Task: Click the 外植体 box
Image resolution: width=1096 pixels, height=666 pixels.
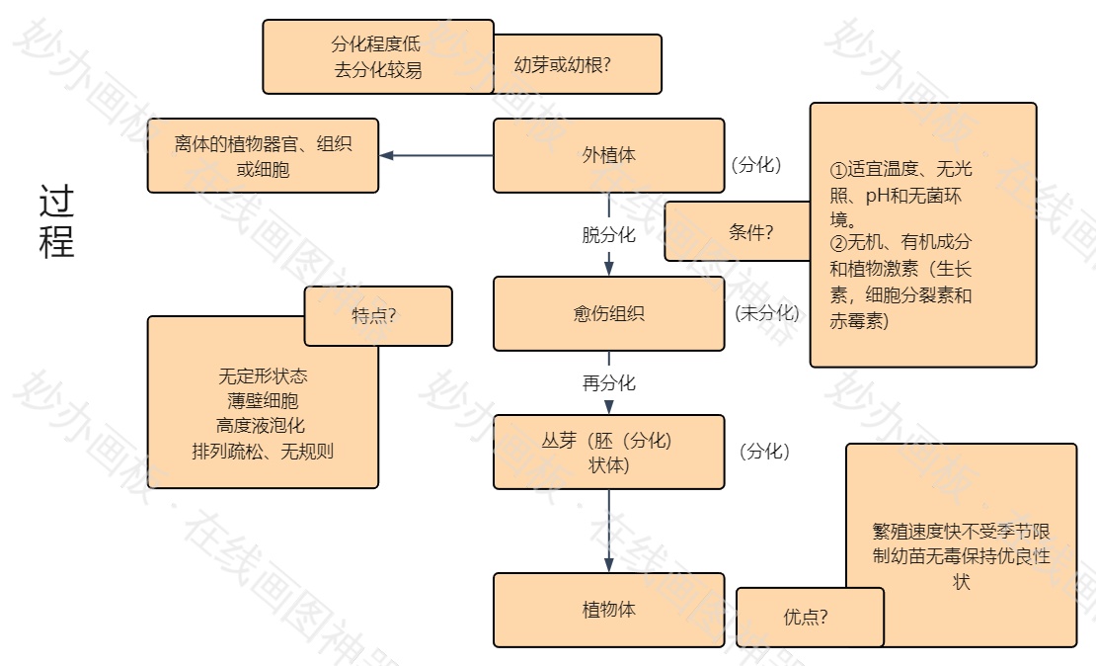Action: pos(608,155)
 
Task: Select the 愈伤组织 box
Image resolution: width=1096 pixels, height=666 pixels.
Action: pos(608,313)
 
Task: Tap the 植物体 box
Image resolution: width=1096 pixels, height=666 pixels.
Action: pos(608,610)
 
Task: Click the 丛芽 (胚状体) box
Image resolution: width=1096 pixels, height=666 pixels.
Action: pos(608,452)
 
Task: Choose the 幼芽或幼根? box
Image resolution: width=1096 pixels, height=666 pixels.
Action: pos(577,65)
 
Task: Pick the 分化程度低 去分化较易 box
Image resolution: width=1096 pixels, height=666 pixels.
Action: pos(377,56)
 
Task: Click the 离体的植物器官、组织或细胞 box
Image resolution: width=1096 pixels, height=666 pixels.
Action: pos(263,156)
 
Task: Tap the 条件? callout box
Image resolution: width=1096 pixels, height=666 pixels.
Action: pos(750,232)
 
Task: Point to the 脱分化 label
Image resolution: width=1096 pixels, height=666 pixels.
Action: pos(608,235)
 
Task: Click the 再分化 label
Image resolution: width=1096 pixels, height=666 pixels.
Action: pos(608,382)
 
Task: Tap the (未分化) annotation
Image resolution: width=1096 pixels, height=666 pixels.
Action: pos(766,313)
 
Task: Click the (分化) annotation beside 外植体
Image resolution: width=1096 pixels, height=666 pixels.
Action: pos(756,164)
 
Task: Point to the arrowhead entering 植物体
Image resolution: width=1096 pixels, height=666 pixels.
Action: pos(608,564)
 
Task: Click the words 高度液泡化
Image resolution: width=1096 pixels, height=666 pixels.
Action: pos(263,426)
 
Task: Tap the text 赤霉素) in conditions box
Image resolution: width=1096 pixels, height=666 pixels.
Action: pos(859,321)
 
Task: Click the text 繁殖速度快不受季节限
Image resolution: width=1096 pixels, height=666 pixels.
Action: pos(961,531)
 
